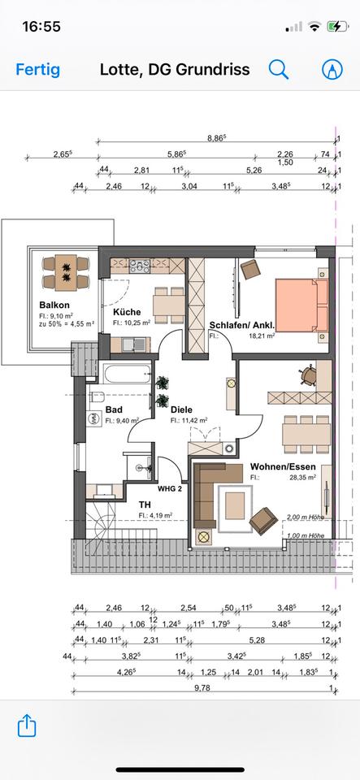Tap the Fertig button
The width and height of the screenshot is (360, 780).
click(x=37, y=69)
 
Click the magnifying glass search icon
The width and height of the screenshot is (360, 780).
click(x=279, y=69)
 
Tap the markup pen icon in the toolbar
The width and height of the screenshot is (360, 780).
click(x=332, y=69)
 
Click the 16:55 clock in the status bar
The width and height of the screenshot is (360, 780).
click(x=41, y=26)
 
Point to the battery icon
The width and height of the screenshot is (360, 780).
click(x=336, y=26)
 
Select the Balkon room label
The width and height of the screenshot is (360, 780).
click(x=52, y=305)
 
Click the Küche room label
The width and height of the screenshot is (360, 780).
click(x=127, y=311)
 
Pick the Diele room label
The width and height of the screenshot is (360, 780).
click(x=181, y=410)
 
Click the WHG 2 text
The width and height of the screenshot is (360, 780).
click(x=168, y=487)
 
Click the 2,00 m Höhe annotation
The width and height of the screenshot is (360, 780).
click(x=306, y=516)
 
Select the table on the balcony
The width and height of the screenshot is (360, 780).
click(x=63, y=271)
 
